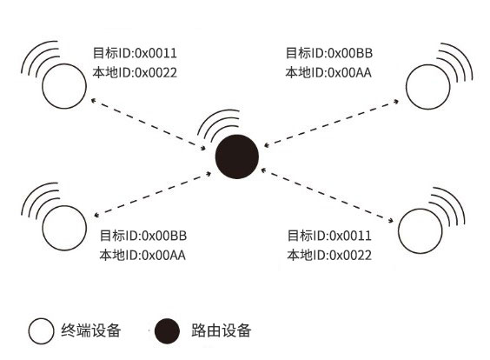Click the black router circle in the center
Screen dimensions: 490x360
(237, 157)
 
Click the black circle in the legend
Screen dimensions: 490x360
(167, 331)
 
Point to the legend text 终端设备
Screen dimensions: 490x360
(91, 330)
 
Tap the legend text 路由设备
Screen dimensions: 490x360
(222, 330)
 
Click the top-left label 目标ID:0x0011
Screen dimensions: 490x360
(135, 53)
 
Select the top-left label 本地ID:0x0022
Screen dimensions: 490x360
(135, 72)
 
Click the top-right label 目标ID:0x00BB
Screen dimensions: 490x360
(329, 53)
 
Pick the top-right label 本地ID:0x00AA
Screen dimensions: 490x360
(328, 72)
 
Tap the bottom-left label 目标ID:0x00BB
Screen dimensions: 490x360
(143, 236)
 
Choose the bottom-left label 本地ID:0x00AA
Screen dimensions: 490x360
(142, 256)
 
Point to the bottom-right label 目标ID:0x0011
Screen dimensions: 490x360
(329, 236)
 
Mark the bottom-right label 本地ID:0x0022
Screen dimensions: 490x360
(329, 256)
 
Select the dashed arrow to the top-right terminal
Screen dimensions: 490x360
(331, 123)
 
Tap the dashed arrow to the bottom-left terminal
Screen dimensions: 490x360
(153, 193)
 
